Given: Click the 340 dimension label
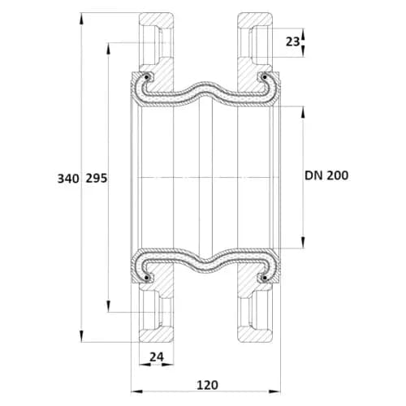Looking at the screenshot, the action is [x=68, y=179].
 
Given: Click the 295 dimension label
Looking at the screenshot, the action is [x=97, y=179].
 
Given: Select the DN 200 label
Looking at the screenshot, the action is [x=326, y=175].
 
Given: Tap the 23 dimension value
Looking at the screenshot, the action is [x=292, y=41].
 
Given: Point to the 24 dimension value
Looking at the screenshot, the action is [x=157, y=357].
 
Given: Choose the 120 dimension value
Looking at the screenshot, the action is [x=207, y=385].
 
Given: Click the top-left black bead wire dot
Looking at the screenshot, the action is [x=147, y=78].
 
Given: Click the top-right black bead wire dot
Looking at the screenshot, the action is [x=265, y=78].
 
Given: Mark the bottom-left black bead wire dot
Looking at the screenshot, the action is [x=147, y=278].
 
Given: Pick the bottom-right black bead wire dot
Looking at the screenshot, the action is [x=265, y=278].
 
